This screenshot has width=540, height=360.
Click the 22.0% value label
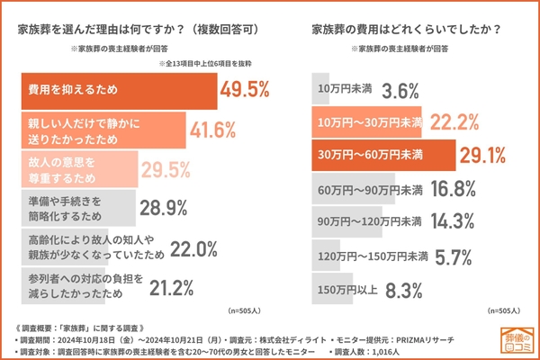click(190, 248)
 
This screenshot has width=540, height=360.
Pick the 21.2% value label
click(166, 288)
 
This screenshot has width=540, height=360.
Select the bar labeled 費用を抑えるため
click(117, 91)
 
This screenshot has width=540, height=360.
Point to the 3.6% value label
click(400, 91)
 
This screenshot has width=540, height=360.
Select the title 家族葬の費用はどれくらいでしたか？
click(405, 29)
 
